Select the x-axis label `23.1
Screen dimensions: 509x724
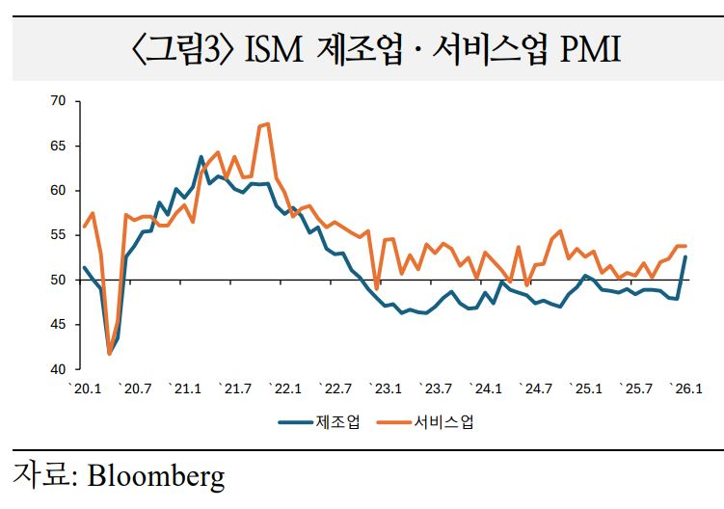(x=387, y=389)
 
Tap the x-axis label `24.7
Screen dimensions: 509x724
(x=537, y=389)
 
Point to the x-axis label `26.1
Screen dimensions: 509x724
(x=686, y=389)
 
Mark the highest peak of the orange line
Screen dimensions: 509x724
(x=267, y=123)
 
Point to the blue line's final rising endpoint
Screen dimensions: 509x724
(x=685, y=256)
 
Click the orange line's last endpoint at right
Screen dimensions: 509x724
(x=685, y=246)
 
